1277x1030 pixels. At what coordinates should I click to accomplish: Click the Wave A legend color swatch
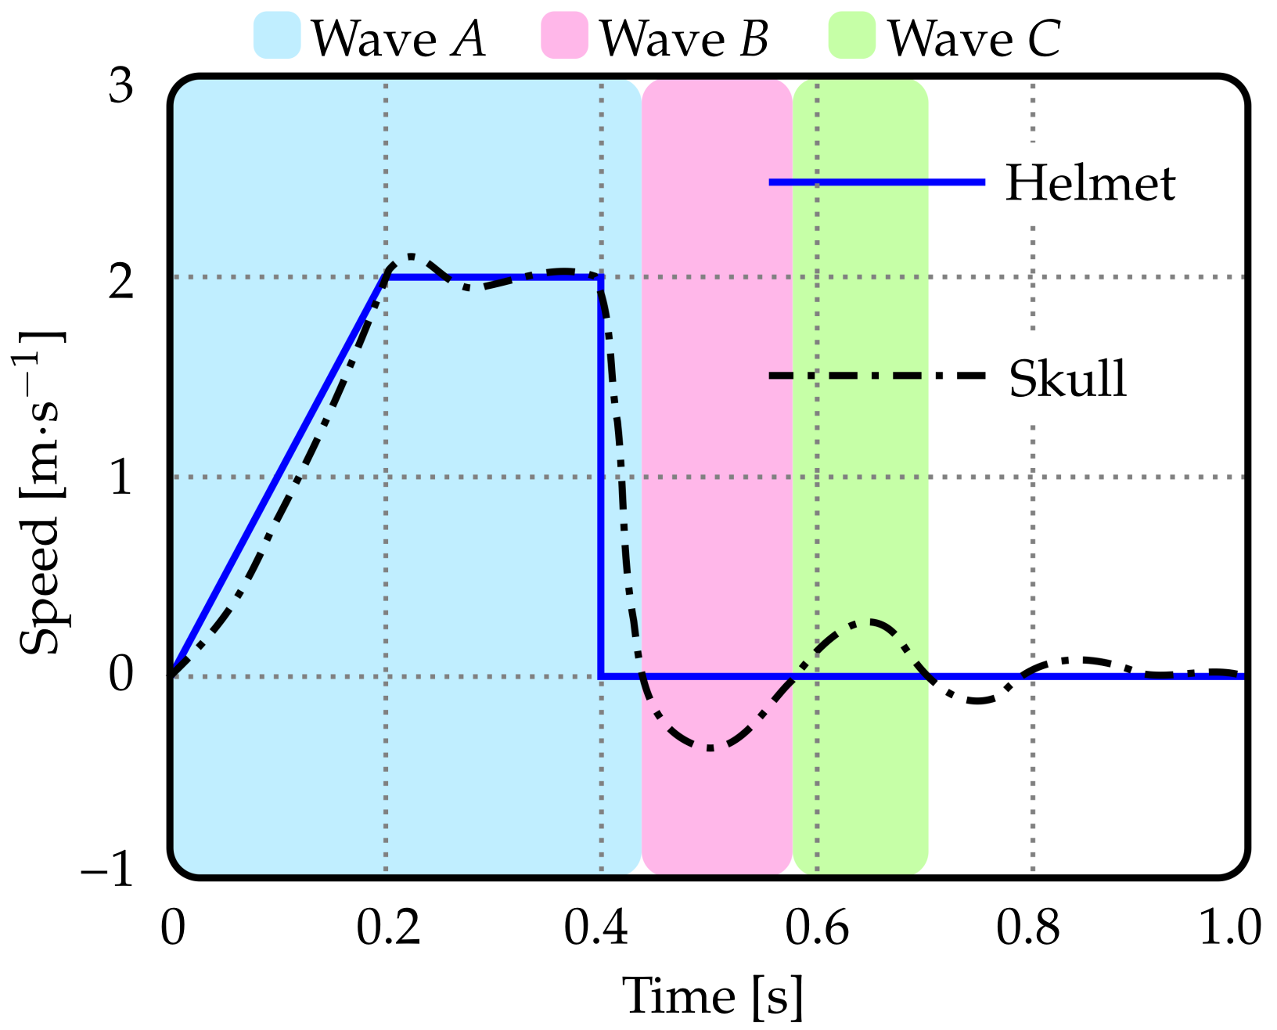pyautogui.click(x=277, y=36)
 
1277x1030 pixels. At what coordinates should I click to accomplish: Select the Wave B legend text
pyautogui.click(x=683, y=38)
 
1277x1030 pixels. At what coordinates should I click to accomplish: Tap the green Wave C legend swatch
pyautogui.click(x=851, y=36)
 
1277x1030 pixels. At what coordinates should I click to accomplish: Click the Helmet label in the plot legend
pyautogui.click(x=1090, y=183)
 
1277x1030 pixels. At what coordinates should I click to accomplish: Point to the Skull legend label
pyautogui.click(x=1067, y=379)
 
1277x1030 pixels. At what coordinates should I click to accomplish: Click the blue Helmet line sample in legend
pyautogui.click(x=876, y=182)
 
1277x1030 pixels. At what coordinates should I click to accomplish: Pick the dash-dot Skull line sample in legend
pyautogui.click(x=876, y=376)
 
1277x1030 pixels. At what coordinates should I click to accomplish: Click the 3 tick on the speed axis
pyautogui.click(x=121, y=85)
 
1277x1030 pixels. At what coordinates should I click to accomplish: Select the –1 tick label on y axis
pyautogui.click(x=108, y=870)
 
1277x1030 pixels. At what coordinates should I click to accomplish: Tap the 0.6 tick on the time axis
pyautogui.click(x=817, y=928)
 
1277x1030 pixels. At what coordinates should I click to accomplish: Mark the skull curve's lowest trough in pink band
pyautogui.click(x=710, y=749)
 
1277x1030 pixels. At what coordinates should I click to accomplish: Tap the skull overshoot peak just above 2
pyautogui.click(x=410, y=257)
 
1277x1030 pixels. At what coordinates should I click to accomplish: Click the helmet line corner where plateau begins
pyautogui.click(x=387, y=277)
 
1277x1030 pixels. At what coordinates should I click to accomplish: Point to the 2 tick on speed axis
pyautogui.click(x=121, y=282)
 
